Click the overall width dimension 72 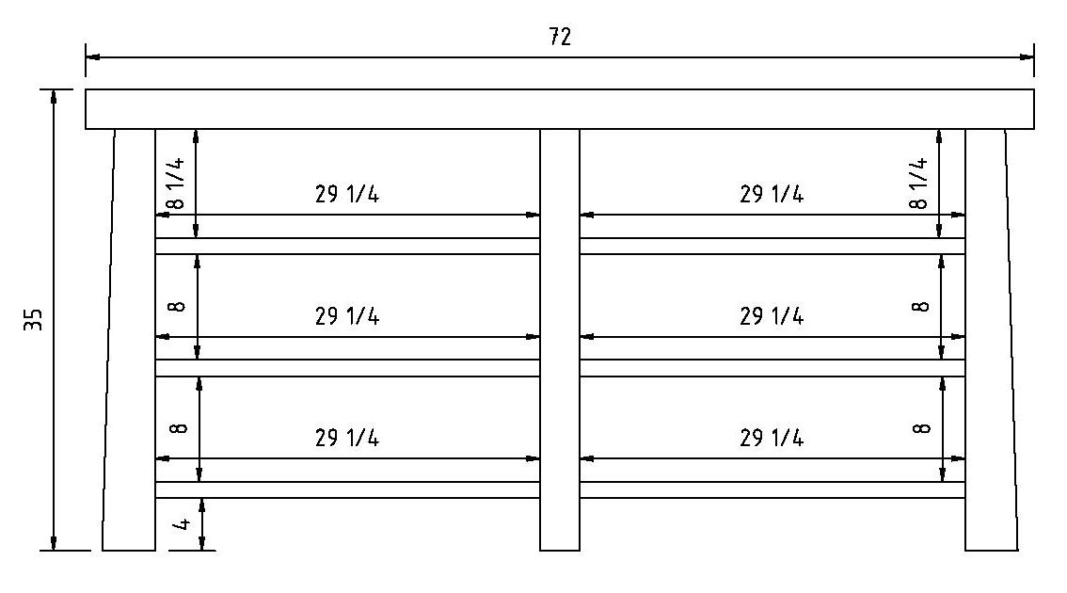[x=560, y=37]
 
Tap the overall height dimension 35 [x=33, y=319]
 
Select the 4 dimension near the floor [x=181, y=524]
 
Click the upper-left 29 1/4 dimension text [x=347, y=194]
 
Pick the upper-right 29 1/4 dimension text [x=772, y=194]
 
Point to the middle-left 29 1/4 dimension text [x=347, y=316]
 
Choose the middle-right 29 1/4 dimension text [x=772, y=316]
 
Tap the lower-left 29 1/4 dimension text [x=347, y=437]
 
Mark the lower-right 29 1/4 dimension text [x=772, y=437]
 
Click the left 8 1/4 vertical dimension [x=176, y=183]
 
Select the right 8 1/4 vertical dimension [x=918, y=183]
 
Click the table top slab [x=559, y=109]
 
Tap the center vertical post [x=559, y=340]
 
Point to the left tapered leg [x=129, y=340]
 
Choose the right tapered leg [x=991, y=340]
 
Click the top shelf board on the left [x=348, y=246]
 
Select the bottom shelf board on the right [x=772, y=489]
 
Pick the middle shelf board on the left [x=348, y=368]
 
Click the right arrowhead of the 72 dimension [x=1027, y=57]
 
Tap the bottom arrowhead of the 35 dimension [x=53, y=542]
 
